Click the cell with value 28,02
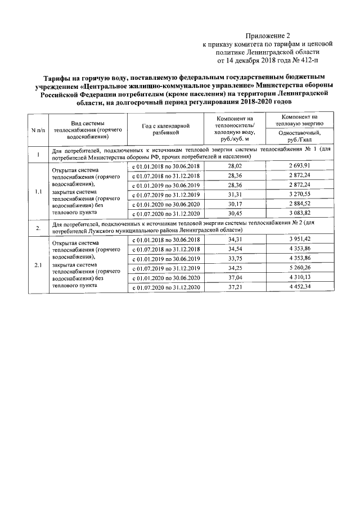coord(235,167)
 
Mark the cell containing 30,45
coord(235,214)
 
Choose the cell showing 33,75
coord(235,259)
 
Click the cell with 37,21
coord(235,287)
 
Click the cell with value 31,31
coord(235,195)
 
